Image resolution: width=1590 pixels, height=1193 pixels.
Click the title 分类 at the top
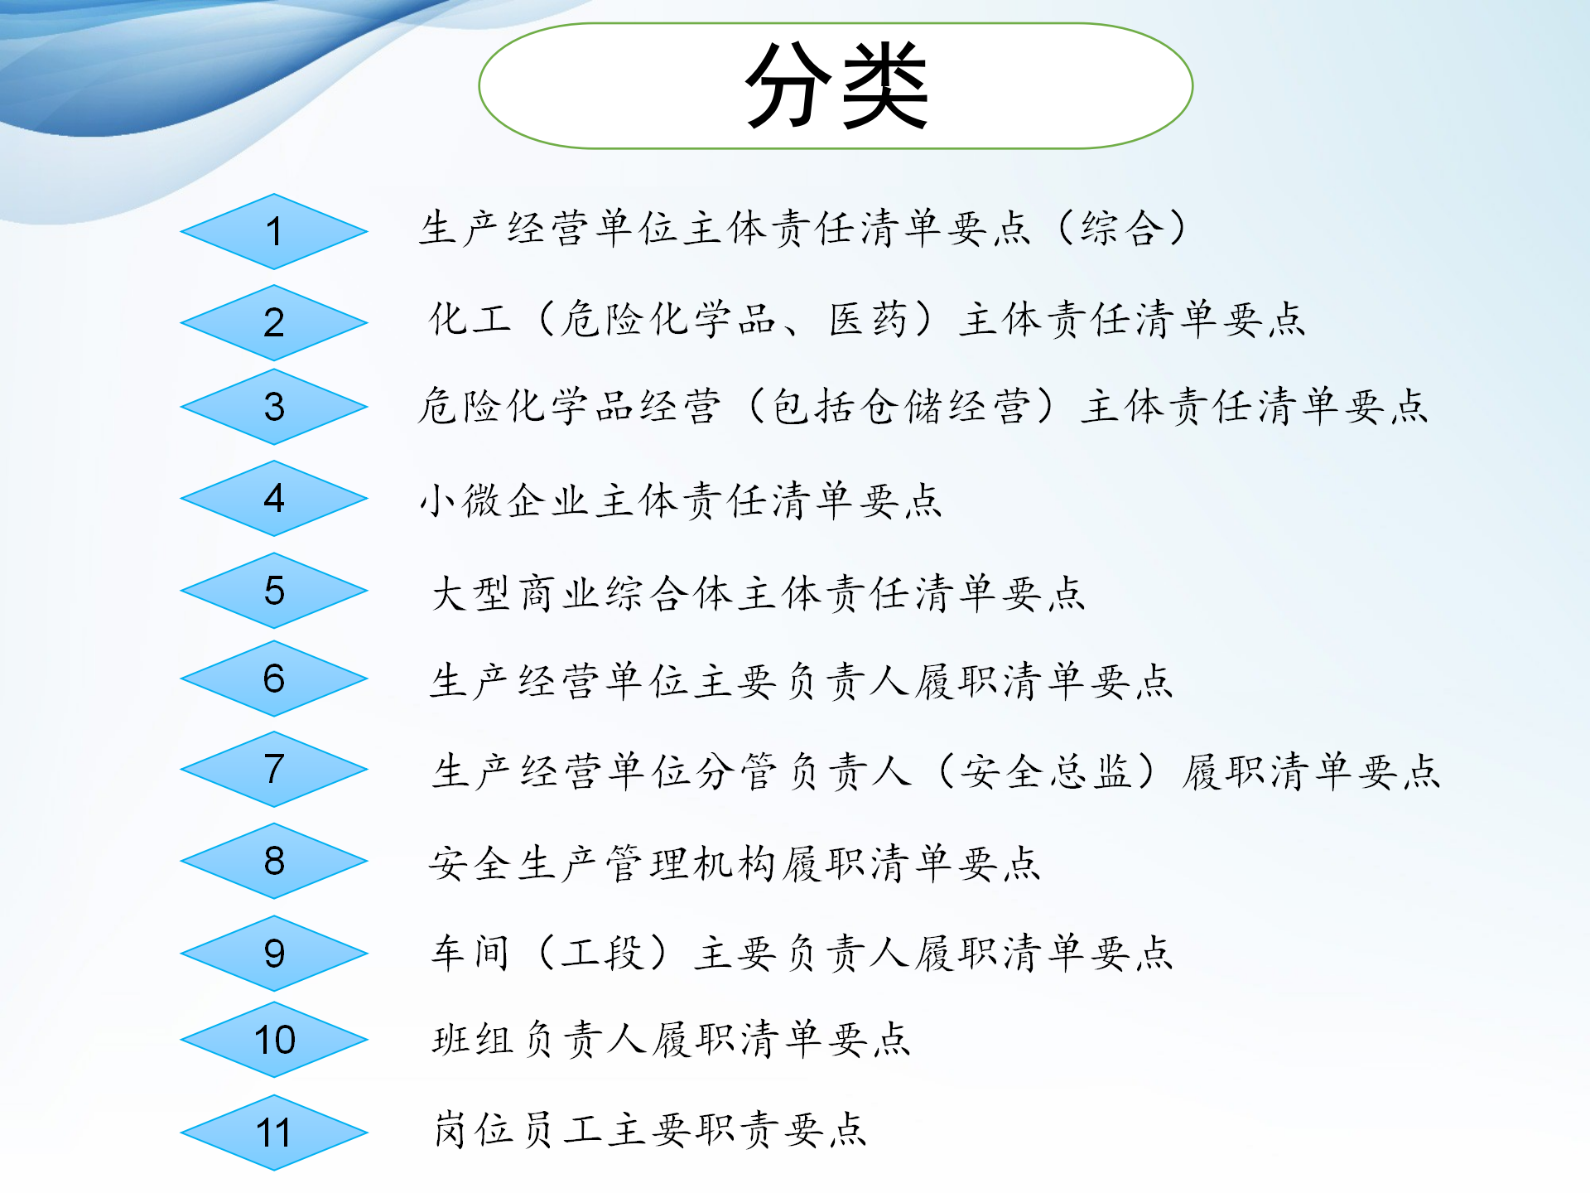(836, 86)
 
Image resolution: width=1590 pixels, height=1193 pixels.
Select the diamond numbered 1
(274, 231)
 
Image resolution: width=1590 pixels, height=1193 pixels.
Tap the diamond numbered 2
(274, 322)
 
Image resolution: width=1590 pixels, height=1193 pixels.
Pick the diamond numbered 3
(274, 407)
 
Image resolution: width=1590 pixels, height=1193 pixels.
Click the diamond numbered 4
(274, 498)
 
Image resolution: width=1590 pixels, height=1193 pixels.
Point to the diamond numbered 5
(274, 591)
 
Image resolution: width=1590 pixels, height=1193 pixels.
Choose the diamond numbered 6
(274, 679)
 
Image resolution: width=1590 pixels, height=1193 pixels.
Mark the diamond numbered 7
(274, 769)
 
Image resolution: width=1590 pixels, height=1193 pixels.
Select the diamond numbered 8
(274, 861)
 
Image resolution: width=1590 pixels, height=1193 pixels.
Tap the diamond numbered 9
(274, 953)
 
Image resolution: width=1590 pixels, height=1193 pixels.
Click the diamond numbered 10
(274, 1040)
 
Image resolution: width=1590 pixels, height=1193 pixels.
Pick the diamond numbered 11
(274, 1133)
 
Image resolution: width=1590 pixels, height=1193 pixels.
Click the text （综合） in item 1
(1123, 228)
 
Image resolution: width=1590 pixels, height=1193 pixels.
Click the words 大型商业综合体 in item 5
(581, 593)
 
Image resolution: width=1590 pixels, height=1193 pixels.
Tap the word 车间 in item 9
(470, 952)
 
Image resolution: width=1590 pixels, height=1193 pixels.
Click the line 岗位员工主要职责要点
(650, 1129)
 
